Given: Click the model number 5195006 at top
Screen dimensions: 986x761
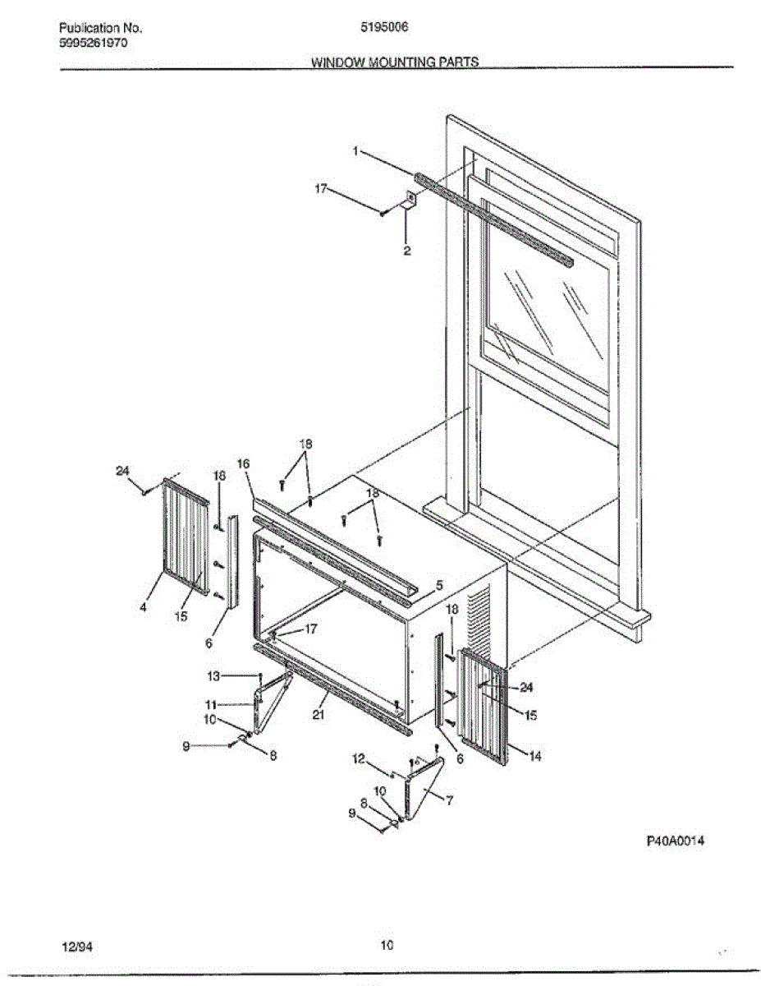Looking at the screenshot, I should pyautogui.click(x=384, y=26).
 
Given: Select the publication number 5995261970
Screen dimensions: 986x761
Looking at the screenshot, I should pyautogui.click(x=94, y=43).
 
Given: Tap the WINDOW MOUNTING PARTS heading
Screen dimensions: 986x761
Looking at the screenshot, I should pyautogui.click(x=394, y=62).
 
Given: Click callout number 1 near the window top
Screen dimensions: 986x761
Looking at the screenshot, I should pyautogui.click(x=355, y=151).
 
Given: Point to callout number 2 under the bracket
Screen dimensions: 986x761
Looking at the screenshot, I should pyautogui.click(x=407, y=251).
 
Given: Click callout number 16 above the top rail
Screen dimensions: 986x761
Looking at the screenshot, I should pyautogui.click(x=243, y=464).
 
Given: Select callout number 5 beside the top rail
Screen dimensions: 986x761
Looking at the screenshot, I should pyautogui.click(x=439, y=585).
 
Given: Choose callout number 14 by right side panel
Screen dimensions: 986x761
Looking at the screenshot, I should pyautogui.click(x=535, y=757).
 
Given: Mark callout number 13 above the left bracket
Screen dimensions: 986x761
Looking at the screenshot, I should pyautogui.click(x=213, y=675).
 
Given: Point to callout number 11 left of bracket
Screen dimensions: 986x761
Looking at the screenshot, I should pyautogui.click(x=211, y=704).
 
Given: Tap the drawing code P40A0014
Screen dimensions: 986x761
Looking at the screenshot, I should pyautogui.click(x=676, y=841).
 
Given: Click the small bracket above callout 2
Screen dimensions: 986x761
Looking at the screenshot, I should pyautogui.click(x=410, y=199).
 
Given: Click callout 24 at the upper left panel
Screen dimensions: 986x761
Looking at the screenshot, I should pyautogui.click(x=122, y=471).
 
